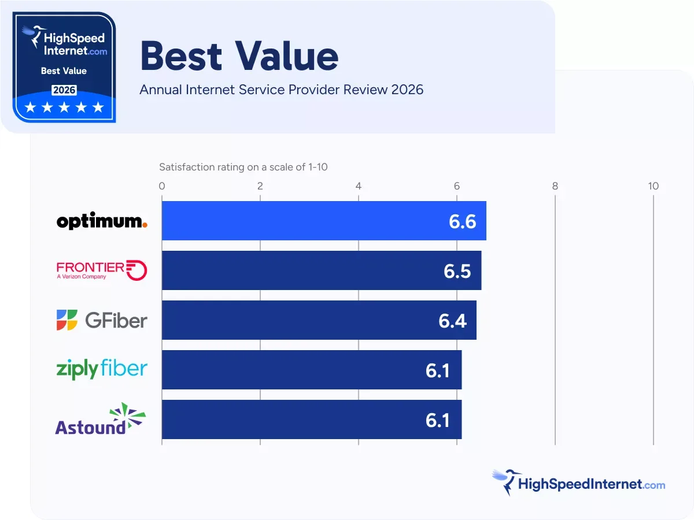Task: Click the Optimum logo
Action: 102,221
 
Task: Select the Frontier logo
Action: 102,270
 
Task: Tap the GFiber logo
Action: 102,320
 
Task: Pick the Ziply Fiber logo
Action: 102,369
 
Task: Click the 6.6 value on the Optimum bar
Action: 463,221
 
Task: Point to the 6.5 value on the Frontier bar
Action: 458,271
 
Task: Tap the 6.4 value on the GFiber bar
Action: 453,321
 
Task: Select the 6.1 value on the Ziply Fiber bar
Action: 438,370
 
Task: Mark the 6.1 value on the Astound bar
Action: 438,420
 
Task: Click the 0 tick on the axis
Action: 162,186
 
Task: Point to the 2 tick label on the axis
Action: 260,186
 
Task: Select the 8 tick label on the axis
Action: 555,186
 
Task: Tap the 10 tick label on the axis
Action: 653,186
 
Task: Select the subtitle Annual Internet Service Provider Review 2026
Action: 282,90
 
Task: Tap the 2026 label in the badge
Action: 64,90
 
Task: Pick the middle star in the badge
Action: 64,107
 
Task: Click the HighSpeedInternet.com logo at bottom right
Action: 578,483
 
